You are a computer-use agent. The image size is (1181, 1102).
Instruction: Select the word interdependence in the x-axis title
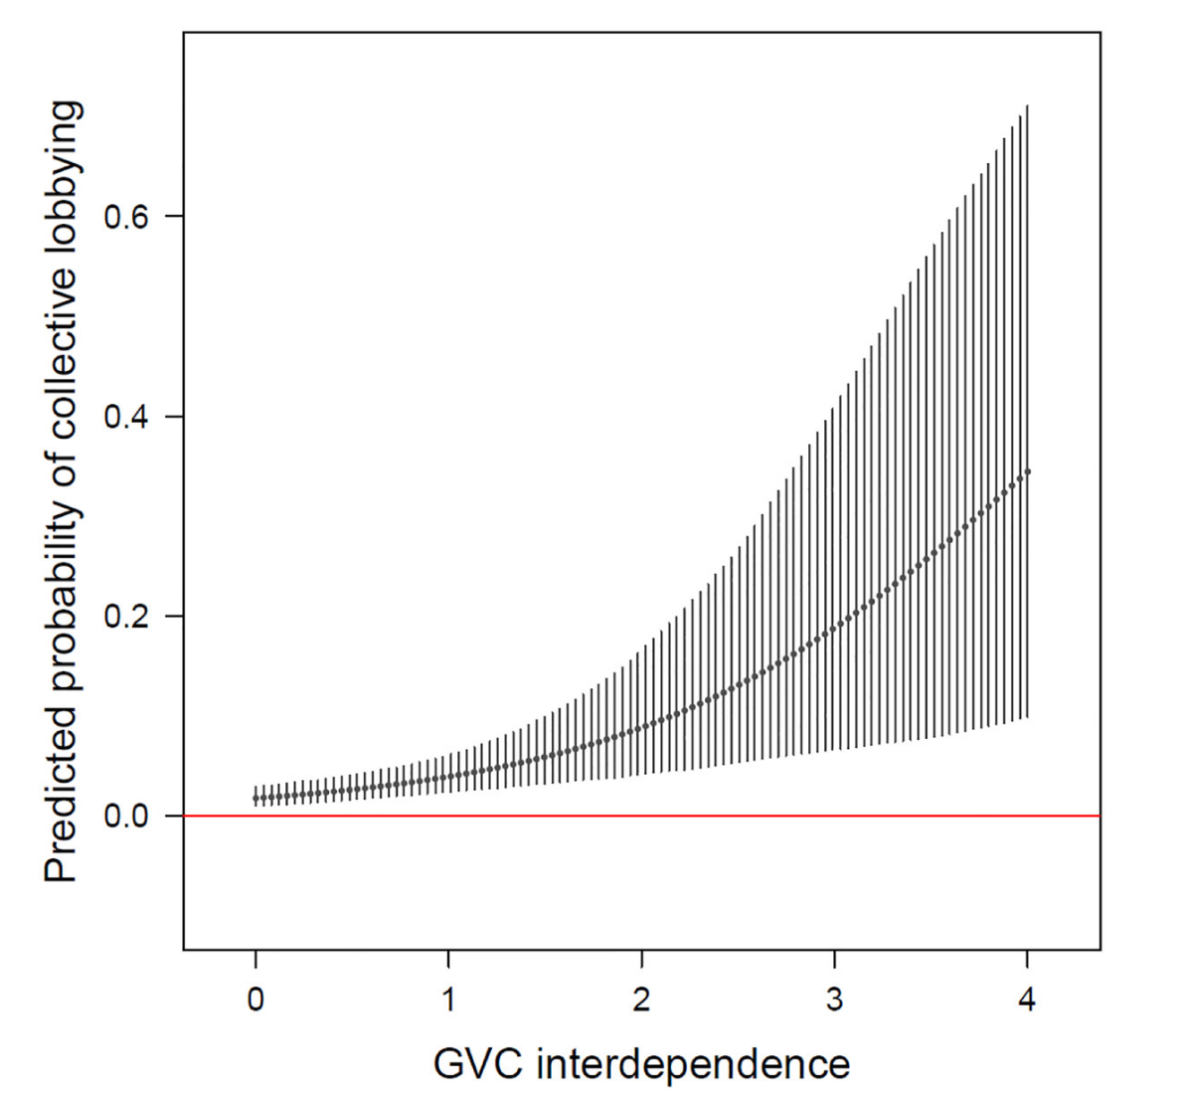(x=693, y=1064)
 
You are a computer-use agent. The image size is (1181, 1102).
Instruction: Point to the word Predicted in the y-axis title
(x=62, y=793)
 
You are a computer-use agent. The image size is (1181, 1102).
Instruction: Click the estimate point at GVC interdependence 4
(x=1027, y=471)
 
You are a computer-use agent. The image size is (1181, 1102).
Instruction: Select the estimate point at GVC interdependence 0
(x=255, y=799)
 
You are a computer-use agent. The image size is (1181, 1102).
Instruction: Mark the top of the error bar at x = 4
(x=1027, y=105)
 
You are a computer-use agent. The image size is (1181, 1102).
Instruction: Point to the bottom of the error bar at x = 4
(x=1027, y=717)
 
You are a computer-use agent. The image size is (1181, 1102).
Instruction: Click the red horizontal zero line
(x=696, y=816)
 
